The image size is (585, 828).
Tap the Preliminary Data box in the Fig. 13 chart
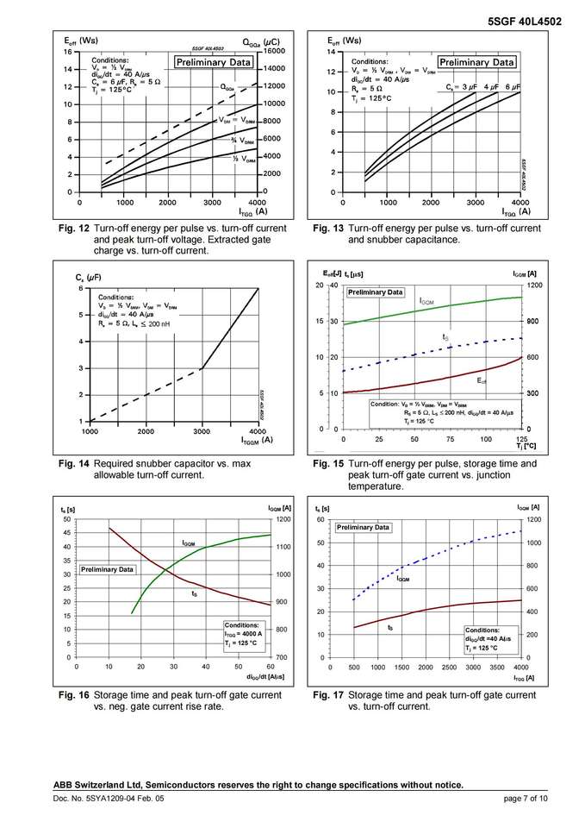(x=476, y=62)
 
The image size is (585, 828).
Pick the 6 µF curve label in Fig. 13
(x=513, y=87)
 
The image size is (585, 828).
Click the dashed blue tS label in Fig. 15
(x=445, y=336)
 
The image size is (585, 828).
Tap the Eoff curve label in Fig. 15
(x=482, y=379)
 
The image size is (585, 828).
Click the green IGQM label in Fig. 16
(x=189, y=543)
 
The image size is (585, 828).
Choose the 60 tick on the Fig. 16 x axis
(x=270, y=667)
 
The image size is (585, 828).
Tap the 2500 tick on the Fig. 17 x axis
(x=449, y=668)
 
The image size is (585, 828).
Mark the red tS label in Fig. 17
(x=390, y=628)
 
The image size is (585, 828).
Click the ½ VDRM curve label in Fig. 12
(x=244, y=159)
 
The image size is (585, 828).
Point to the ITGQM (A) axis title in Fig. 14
(x=256, y=440)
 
